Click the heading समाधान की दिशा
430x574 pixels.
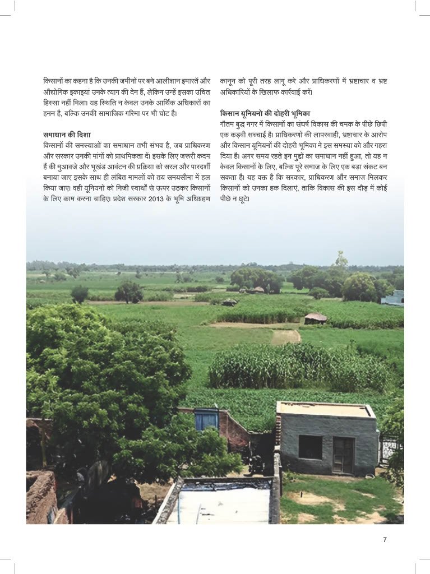(67, 135)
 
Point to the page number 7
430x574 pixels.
(385, 540)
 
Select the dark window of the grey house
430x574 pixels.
(310, 447)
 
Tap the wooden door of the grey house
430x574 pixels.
(343, 455)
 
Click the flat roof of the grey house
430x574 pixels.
(325, 410)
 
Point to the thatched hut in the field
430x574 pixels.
(316, 318)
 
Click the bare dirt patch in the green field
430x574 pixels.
(285, 336)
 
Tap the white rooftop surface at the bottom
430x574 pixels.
(221, 504)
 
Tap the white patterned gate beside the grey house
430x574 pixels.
(389, 448)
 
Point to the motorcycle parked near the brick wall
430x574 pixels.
(256, 464)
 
